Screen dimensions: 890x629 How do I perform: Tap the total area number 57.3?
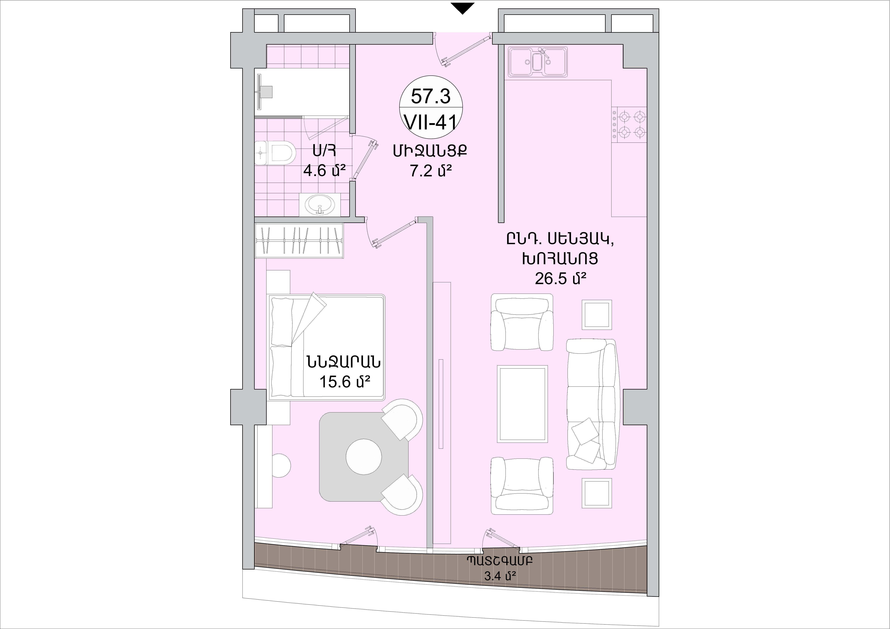[431, 96]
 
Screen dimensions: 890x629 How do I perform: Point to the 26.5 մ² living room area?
[560, 278]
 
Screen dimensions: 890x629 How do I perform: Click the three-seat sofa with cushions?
[592, 404]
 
